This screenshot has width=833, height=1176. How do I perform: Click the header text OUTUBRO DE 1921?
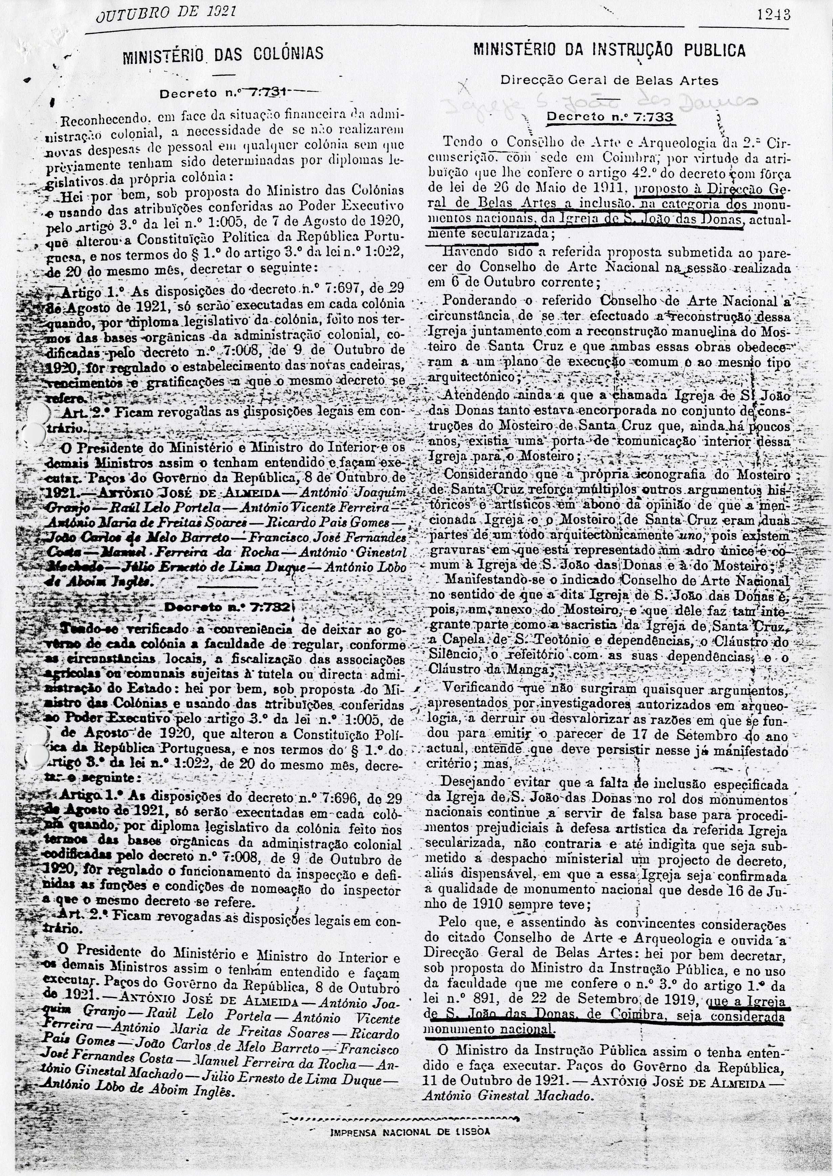click(166, 12)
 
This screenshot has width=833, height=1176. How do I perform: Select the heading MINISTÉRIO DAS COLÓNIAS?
click(222, 53)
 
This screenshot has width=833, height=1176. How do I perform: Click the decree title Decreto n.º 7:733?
click(610, 117)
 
